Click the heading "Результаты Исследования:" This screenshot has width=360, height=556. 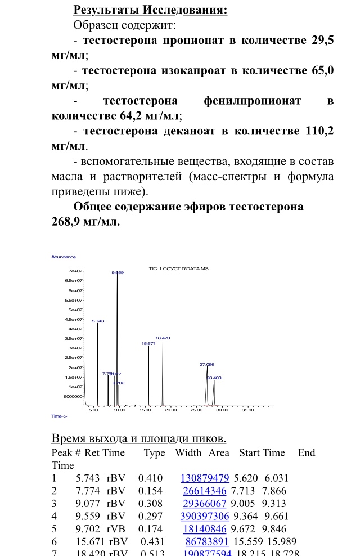(150, 10)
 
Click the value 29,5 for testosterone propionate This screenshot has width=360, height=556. (322, 41)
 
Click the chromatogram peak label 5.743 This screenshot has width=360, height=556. (98, 321)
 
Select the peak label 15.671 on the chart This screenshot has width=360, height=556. (148, 343)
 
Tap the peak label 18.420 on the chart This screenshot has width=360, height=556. (163, 338)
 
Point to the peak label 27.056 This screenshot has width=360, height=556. (207, 365)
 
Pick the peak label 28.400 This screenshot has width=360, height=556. (214, 378)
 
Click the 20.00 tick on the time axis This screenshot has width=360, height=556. (170, 410)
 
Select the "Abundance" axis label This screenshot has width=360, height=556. (64, 257)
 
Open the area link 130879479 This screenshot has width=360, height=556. (204, 478)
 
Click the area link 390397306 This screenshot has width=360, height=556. (204, 517)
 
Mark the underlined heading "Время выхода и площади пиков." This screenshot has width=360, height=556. (138, 438)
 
